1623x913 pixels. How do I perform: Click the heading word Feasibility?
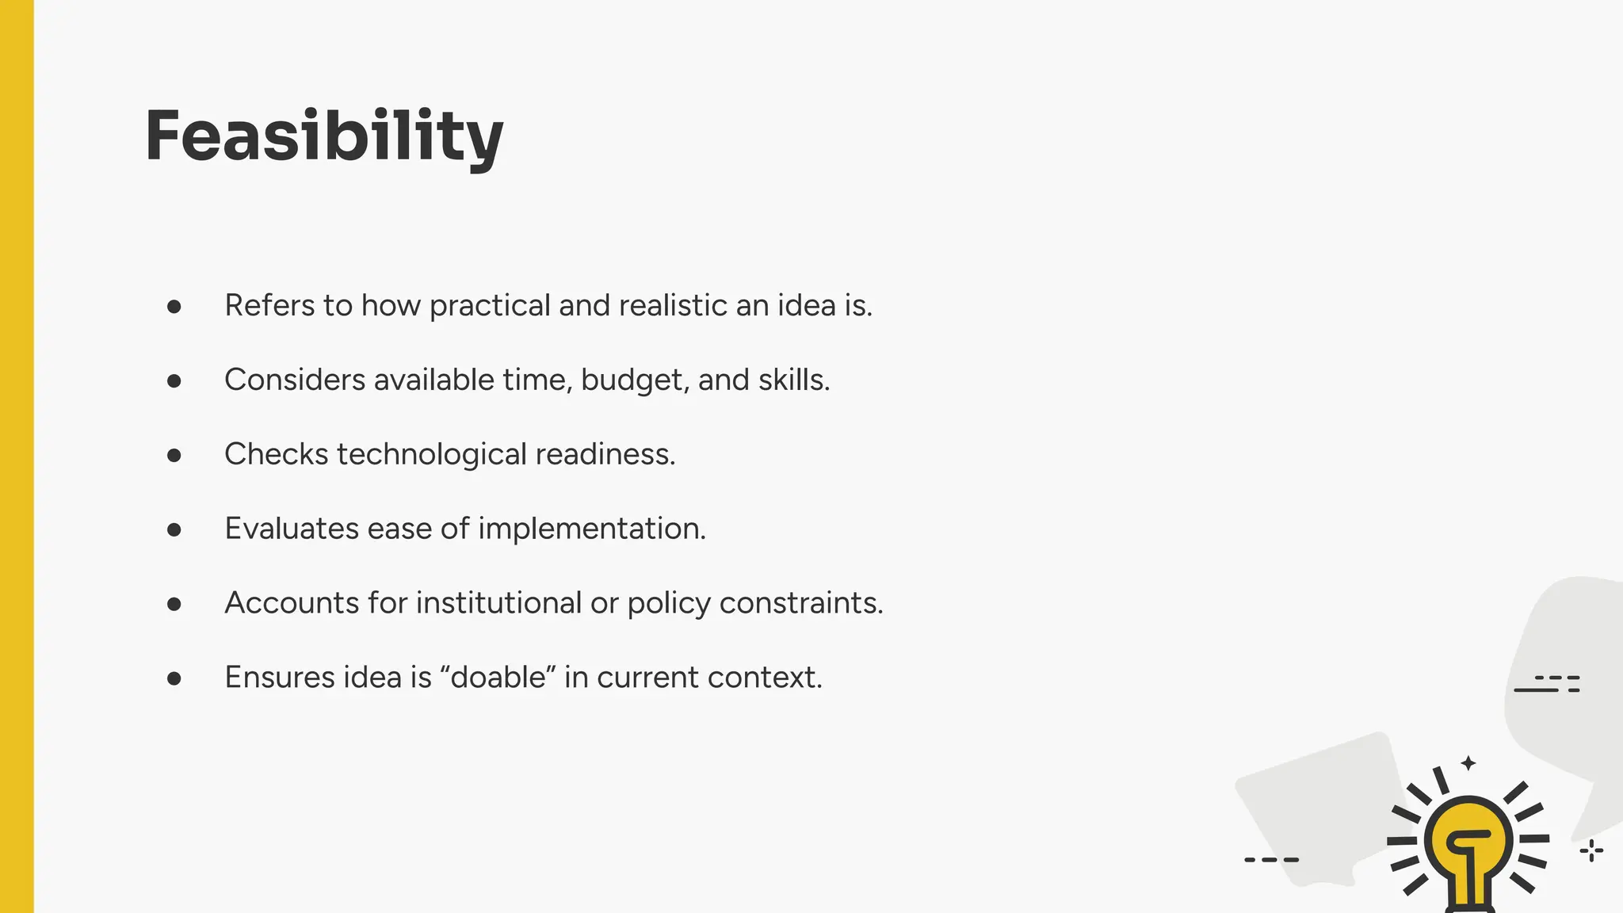tap(323, 136)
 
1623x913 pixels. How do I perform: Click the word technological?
tap(432, 455)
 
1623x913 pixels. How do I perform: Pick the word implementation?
tap(592, 529)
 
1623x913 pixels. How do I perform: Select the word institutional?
tap(499, 603)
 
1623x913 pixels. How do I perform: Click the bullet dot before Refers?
tap(174, 307)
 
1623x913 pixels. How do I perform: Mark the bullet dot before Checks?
tap(174, 456)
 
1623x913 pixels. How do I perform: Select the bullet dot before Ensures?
tap(174, 678)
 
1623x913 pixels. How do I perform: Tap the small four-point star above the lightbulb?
tap(1468, 763)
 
